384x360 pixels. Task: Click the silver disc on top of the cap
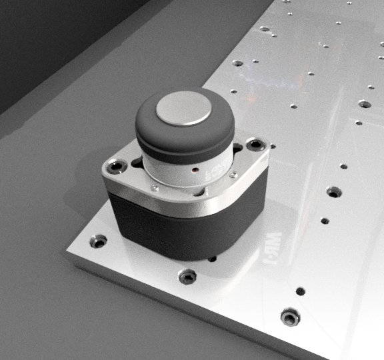point(182,109)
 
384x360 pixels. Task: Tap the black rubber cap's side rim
point(183,141)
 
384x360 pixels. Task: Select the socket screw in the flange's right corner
point(253,145)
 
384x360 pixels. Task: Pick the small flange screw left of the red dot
point(155,188)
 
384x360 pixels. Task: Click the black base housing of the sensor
point(187,230)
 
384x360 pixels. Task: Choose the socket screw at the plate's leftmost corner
point(99,241)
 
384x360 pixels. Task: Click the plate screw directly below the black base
point(188,275)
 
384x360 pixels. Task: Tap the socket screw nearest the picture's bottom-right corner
point(290,316)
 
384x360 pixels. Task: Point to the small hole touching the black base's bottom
point(212,259)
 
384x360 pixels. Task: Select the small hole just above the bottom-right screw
point(300,291)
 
